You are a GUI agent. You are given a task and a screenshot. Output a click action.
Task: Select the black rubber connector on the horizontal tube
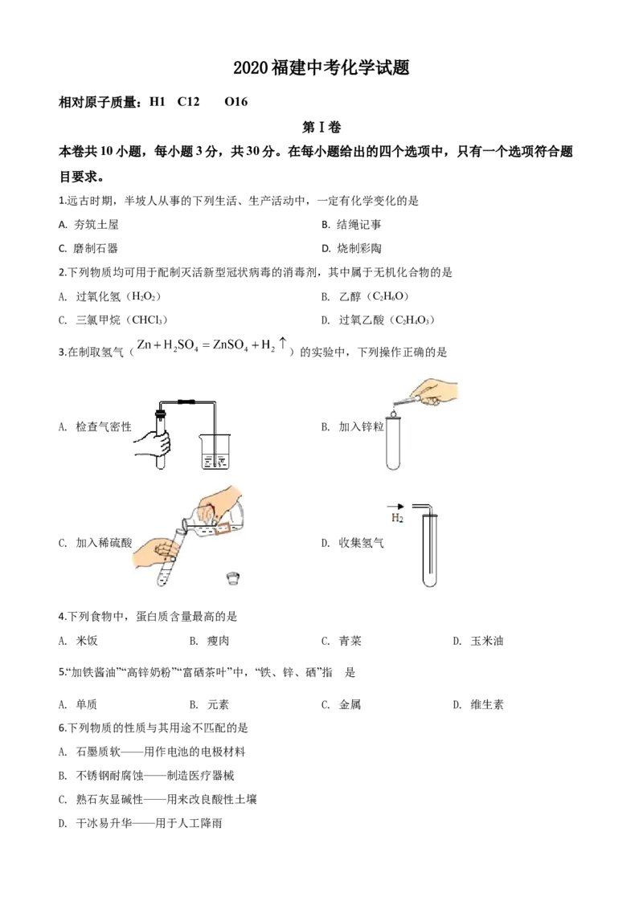pos(187,400)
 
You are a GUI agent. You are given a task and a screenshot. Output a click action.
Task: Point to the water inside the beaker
pos(215,461)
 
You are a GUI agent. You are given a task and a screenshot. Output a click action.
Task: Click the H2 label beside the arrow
pos(397,519)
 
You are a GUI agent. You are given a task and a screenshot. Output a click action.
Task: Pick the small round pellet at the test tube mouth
pos(393,413)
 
